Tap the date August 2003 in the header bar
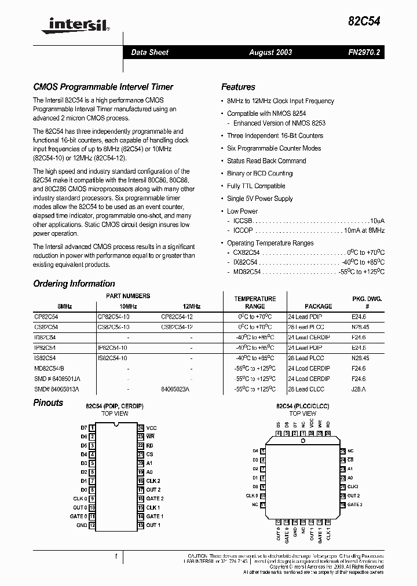coord(270,52)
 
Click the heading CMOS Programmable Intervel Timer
coord(103,87)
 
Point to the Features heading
coord(238,87)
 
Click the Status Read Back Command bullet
coord(266,161)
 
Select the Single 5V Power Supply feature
coord(260,199)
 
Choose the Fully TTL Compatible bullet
coord(256,186)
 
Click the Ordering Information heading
coord(74,284)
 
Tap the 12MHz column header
coord(191,306)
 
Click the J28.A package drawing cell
coord(359,389)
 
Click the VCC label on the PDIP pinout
coord(151,428)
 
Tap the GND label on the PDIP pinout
coord(82,525)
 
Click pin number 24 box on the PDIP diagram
coord(140,428)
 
